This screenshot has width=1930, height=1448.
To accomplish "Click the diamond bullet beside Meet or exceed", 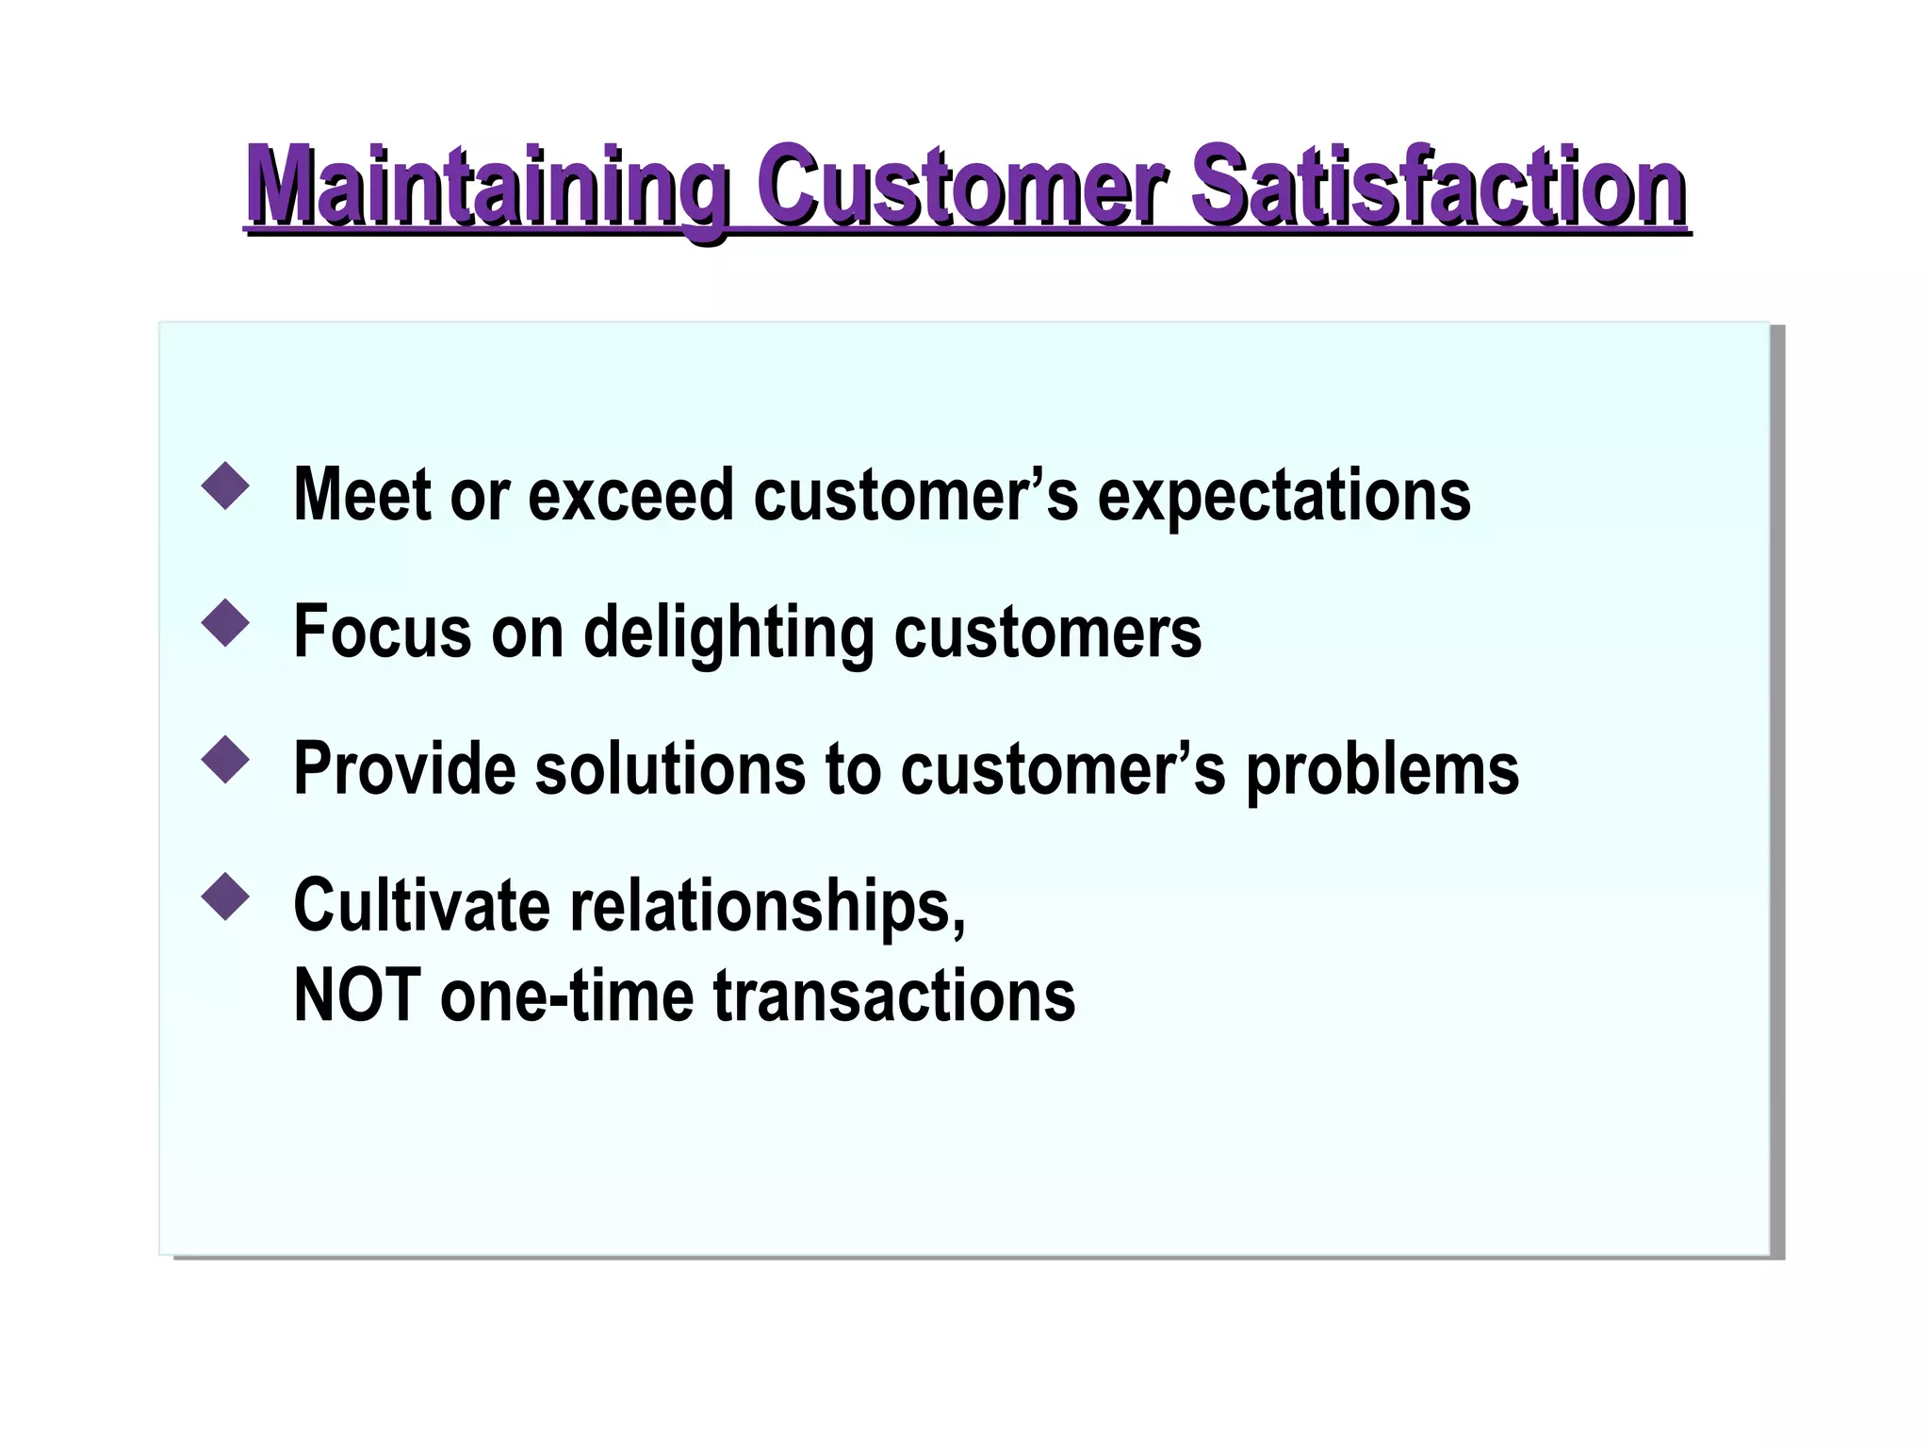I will point(225,486).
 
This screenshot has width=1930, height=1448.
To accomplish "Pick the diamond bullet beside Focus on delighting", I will point(225,624).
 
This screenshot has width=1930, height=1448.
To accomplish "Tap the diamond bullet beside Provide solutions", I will point(225,760).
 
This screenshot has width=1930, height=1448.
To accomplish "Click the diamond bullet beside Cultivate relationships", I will point(225,897).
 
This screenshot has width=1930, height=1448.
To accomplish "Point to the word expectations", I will point(1284,497).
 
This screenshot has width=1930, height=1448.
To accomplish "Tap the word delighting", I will point(728,633).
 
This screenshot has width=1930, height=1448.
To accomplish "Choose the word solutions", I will point(670,768).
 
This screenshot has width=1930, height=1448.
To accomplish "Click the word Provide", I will point(404,768).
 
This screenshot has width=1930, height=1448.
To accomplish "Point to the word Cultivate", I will point(421,905).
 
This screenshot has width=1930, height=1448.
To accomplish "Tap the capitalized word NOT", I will point(357,995).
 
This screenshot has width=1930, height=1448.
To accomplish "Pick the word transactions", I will point(893,995).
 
